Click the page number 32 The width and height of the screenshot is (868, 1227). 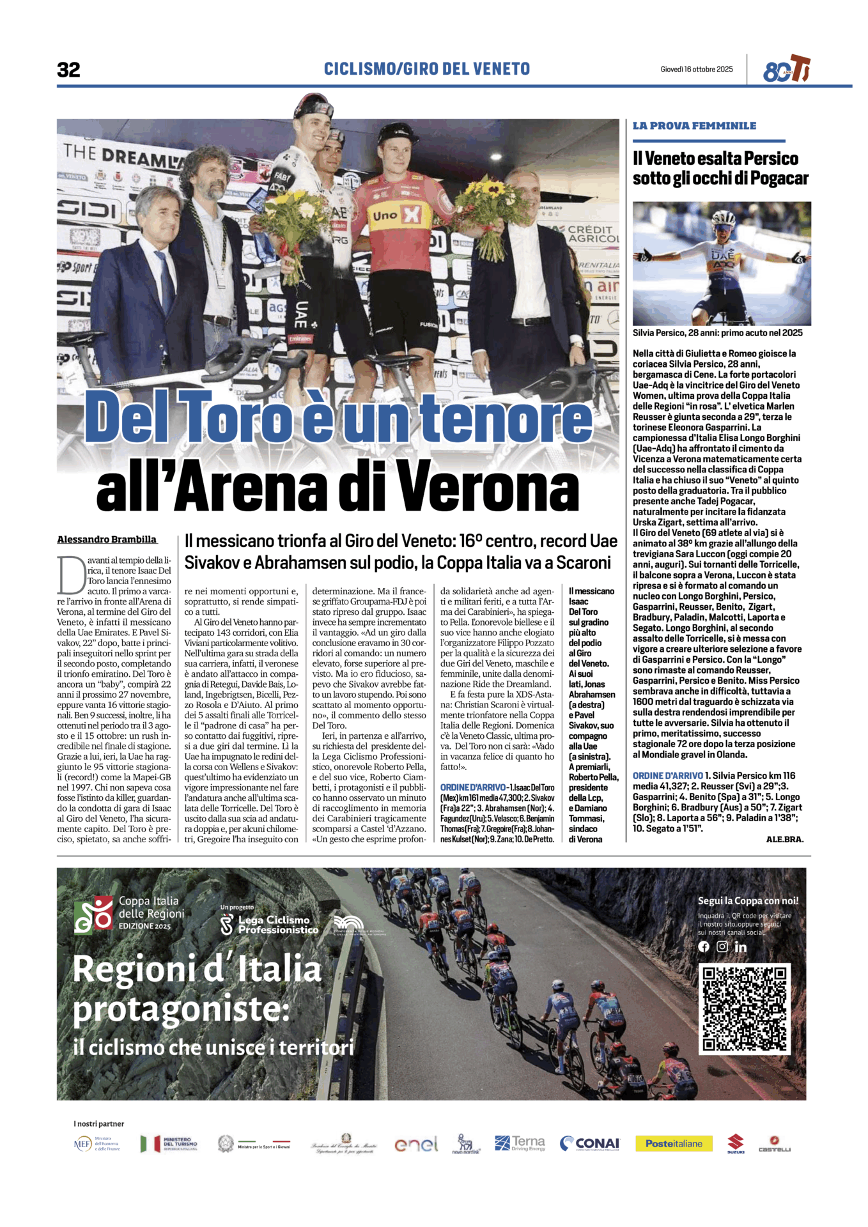tap(68, 69)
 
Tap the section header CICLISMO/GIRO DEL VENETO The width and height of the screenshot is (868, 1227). tap(426, 69)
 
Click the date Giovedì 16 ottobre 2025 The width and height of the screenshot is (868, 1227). tap(696, 69)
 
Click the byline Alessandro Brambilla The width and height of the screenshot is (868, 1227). tap(107, 539)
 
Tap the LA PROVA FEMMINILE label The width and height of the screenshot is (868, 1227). tap(694, 126)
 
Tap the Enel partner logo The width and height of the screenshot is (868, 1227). tap(416, 1144)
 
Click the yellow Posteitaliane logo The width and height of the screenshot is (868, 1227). tap(674, 1143)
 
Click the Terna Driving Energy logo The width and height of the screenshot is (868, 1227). tap(520, 1143)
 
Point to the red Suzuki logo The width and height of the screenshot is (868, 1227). tap(736, 1143)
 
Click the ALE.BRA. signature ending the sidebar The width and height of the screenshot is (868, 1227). tap(784, 839)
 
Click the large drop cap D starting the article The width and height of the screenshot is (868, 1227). tap(70, 575)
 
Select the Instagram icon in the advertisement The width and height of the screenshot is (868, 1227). tap(722, 946)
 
